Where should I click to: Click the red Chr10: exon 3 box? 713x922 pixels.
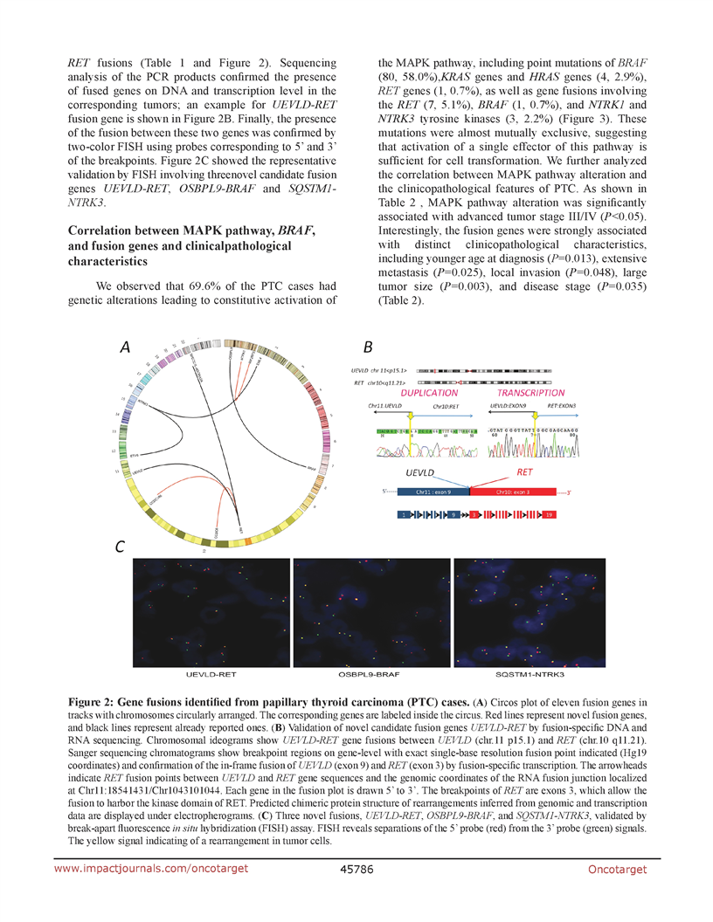click(515, 492)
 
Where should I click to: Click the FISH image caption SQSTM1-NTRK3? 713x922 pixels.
click(527, 675)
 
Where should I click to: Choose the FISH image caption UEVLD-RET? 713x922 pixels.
click(212, 675)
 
